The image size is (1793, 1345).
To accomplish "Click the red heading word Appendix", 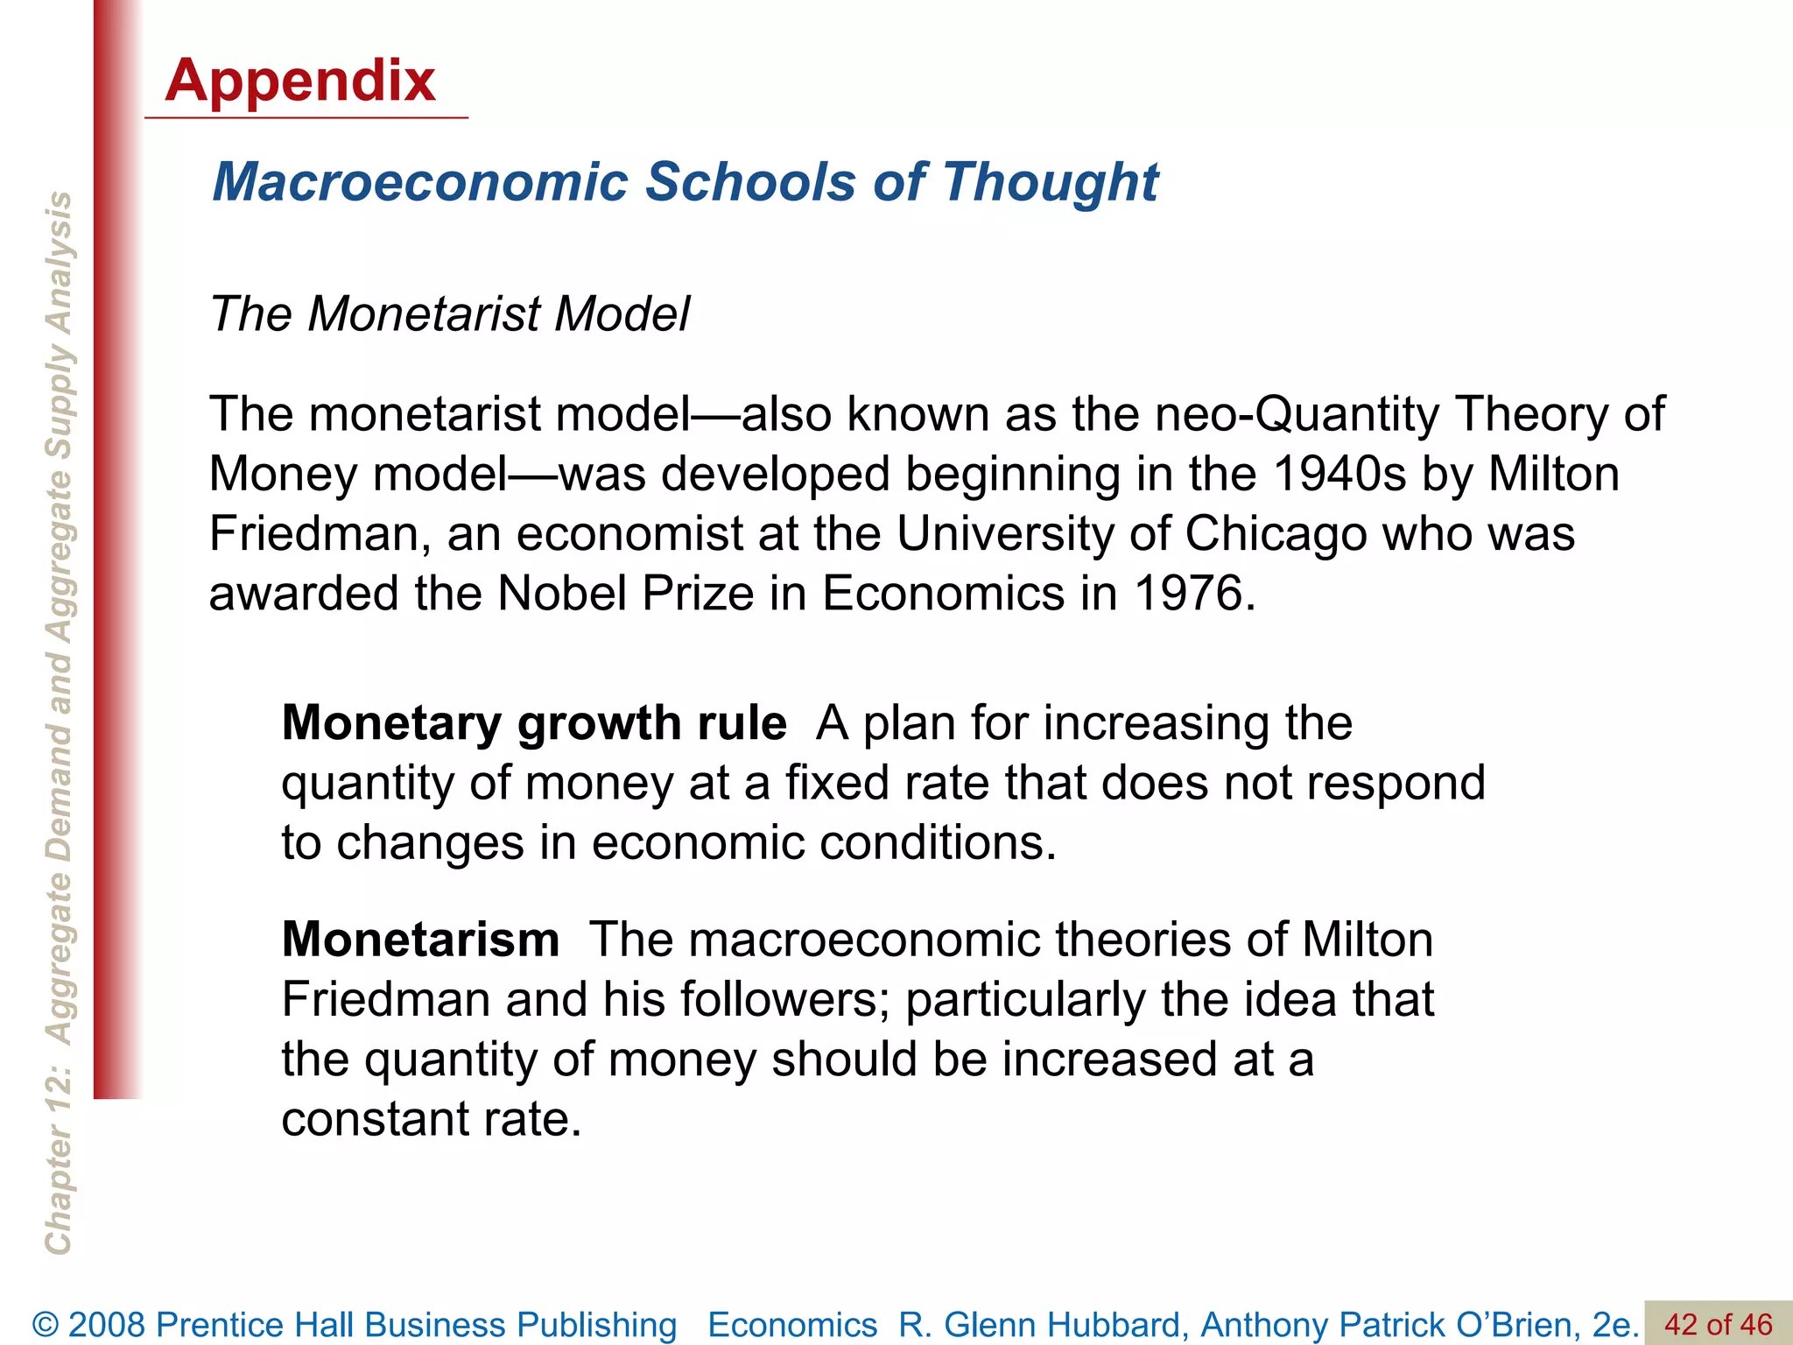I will (299, 81).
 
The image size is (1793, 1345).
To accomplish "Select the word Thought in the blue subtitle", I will (1050, 182).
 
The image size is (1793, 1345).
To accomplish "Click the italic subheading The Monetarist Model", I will (449, 313).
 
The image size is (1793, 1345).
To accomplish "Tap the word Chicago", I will (1275, 533).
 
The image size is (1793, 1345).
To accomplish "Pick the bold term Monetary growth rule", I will (533, 723).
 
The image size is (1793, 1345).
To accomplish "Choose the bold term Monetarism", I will (420, 940).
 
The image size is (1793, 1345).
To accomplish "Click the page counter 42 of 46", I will (1718, 1324).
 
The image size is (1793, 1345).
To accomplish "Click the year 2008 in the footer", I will (108, 1325).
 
